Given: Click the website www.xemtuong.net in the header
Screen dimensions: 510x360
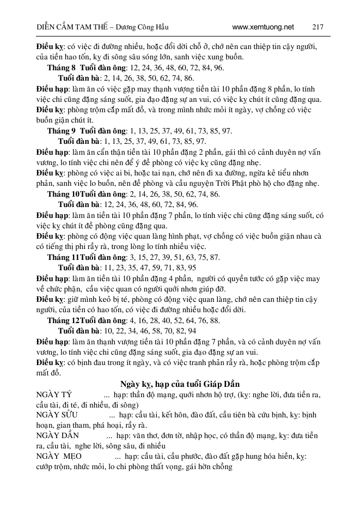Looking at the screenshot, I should click(263, 26).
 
